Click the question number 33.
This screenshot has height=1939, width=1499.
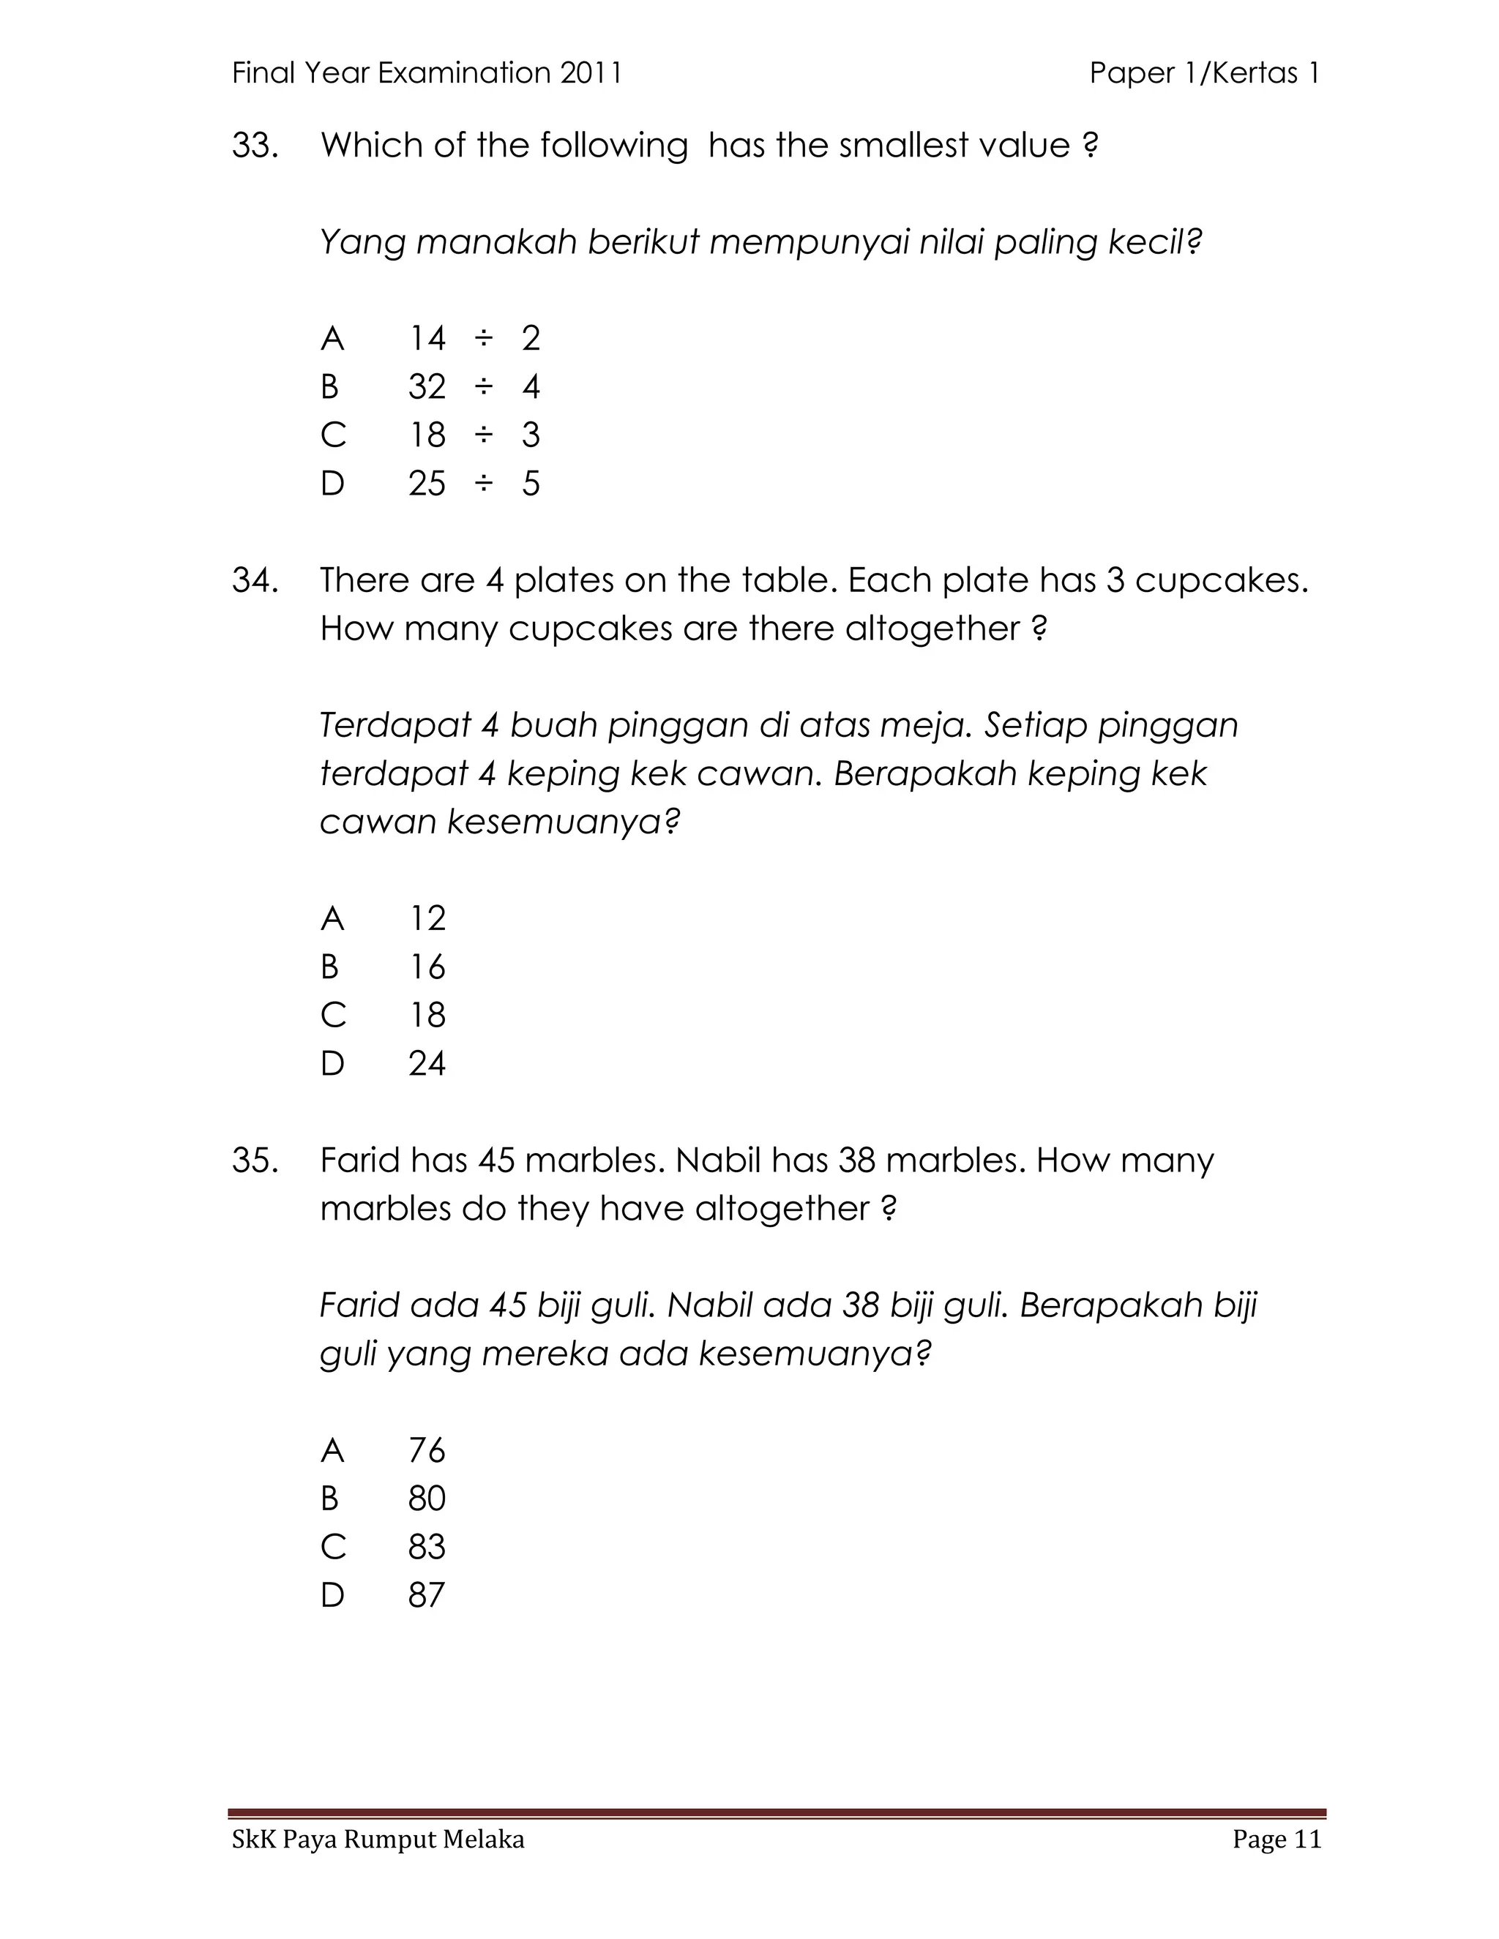tap(255, 146)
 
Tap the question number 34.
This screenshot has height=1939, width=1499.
tap(255, 581)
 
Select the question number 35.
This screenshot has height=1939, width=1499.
tap(255, 1160)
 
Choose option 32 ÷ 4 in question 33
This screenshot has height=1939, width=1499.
tap(474, 387)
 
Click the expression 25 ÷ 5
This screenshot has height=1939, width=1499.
tap(474, 484)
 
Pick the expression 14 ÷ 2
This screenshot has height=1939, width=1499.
tap(474, 338)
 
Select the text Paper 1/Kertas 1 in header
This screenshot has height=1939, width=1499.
tap(1204, 72)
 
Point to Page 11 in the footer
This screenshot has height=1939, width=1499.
tap(1276, 1839)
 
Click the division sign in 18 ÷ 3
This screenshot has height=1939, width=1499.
tap(483, 435)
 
